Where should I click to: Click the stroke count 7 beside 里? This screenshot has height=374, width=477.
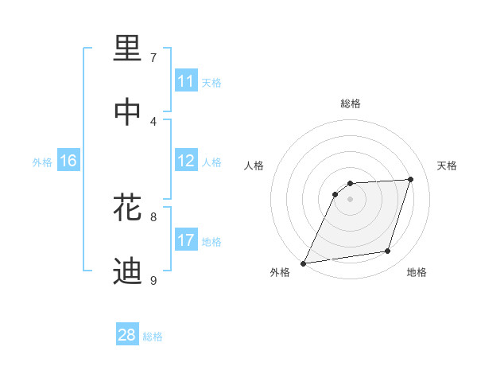153,57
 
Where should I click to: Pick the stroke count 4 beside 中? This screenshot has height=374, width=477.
153,121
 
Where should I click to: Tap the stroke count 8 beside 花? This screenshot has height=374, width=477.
153,216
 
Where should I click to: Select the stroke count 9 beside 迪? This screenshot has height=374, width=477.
153,280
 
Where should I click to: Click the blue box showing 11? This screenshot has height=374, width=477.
186,81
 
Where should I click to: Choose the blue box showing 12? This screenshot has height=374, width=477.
186,161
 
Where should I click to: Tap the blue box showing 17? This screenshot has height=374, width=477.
186,240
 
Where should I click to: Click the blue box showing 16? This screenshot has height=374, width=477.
68,161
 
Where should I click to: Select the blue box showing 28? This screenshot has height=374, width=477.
127,335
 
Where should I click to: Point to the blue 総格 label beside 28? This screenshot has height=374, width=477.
153,337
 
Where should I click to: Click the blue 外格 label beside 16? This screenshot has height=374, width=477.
42,162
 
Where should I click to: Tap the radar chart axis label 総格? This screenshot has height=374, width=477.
351,103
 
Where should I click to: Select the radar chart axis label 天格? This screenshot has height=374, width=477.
447,166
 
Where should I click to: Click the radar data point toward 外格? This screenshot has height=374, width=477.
304,263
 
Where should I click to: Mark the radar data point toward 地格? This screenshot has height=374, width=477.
388,251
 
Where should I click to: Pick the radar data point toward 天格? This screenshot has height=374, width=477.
411,179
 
